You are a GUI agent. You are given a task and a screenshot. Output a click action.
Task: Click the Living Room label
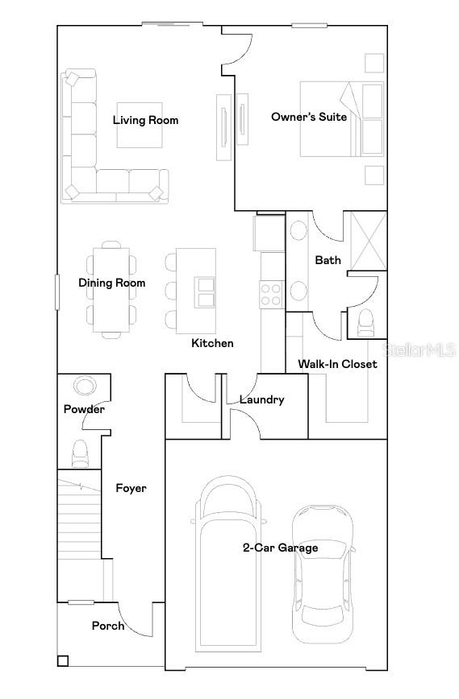pos(145,120)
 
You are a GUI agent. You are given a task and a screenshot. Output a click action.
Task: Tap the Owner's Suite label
pos(309,117)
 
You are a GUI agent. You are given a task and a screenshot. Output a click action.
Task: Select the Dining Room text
pos(111,283)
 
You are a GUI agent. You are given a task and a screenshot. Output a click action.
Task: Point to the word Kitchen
pos(212,343)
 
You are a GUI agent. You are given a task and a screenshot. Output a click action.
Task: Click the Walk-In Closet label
pos(337,364)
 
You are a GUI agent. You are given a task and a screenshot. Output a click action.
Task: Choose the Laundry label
pos(261,399)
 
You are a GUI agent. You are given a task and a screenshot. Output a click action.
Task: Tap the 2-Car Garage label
pos(281,548)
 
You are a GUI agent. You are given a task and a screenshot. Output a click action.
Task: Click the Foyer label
pos(131,488)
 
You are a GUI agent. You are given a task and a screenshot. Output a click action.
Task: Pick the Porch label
pos(108,626)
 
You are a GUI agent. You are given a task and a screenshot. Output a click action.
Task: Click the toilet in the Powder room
pos(81,453)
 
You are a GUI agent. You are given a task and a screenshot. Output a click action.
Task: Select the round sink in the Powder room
pos(85,386)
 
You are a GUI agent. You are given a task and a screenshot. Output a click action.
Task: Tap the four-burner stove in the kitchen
pos(271,295)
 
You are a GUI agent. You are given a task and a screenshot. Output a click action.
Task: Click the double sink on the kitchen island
pos(205,292)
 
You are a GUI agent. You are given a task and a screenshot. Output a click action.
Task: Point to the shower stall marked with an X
pos(369,241)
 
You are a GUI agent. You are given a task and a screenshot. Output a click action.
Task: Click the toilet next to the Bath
pos(366,323)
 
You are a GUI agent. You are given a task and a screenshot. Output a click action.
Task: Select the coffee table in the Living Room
pos(140,125)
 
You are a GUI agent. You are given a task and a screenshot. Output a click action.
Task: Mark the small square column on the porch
pos(62,660)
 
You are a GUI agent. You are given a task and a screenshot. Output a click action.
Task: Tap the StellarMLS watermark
pos(419,349)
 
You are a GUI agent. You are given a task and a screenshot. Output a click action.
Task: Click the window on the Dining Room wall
pos(57,292)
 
